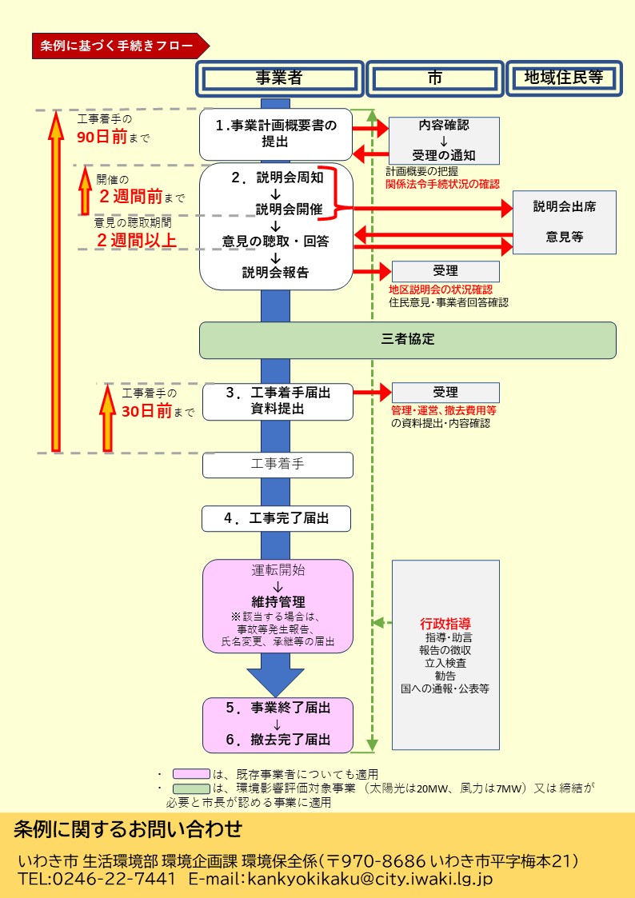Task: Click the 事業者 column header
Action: pyautogui.click(x=279, y=78)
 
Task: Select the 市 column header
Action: pyautogui.click(x=434, y=78)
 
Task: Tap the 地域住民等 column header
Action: pyautogui.click(x=563, y=78)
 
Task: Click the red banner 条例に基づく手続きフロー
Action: pyautogui.click(x=118, y=46)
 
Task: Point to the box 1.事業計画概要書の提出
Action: pyautogui.click(x=276, y=134)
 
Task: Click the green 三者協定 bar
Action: pyautogui.click(x=408, y=340)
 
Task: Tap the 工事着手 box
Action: pyautogui.click(x=277, y=464)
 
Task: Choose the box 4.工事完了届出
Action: pyautogui.click(x=277, y=518)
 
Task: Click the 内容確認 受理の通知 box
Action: pyautogui.click(x=444, y=141)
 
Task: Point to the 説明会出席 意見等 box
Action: pyautogui.click(x=564, y=222)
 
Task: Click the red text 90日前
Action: pyautogui.click(x=102, y=137)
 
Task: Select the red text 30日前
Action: pyautogui.click(x=147, y=412)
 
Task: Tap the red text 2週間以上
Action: pyautogui.click(x=136, y=239)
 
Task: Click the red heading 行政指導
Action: pyautogui.click(x=445, y=623)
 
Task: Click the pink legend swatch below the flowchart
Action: pyautogui.click(x=191, y=774)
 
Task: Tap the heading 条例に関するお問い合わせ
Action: pyautogui.click(x=128, y=829)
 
